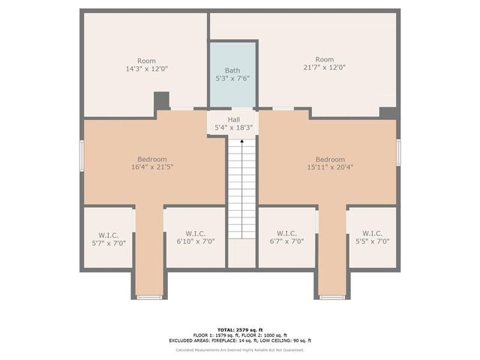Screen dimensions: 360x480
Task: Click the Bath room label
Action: (232, 70)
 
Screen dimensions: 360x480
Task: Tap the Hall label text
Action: (234, 119)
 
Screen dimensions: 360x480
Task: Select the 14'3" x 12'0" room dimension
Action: (146, 68)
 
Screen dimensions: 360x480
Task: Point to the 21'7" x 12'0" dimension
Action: (324, 67)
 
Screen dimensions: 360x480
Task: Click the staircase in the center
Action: (241, 187)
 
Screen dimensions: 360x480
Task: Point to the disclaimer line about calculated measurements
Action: (240, 349)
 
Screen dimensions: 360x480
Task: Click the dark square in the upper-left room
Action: (161, 100)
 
